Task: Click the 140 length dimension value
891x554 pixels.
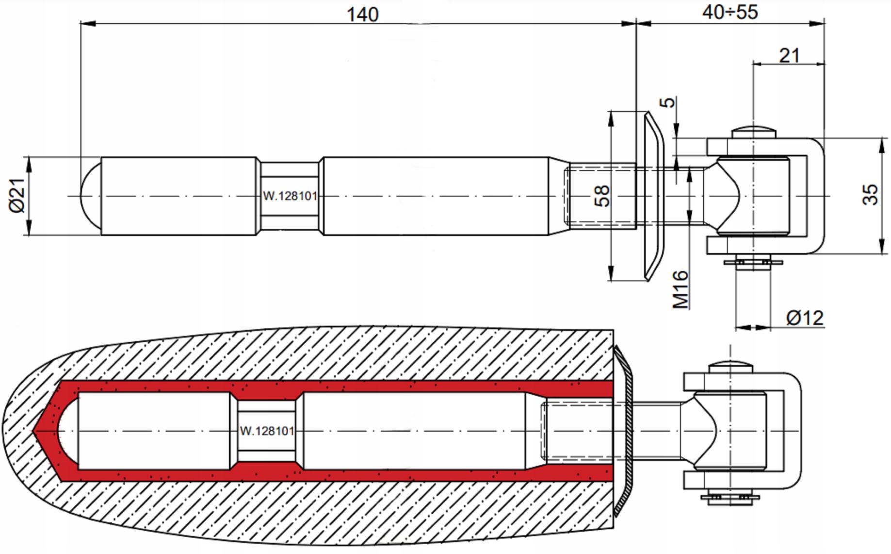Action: click(x=362, y=14)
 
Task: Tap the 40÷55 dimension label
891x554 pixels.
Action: click(x=729, y=12)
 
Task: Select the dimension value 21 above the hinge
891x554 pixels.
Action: click(x=789, y=55)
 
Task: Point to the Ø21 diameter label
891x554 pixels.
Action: click(x=17, y=195)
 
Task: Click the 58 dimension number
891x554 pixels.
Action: click(x=602, y=196)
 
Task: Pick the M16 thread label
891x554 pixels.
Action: click(x=680, y=289)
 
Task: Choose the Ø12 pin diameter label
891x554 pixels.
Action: click(x=805, y=318)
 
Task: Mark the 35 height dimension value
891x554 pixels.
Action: click(x=870, y=195)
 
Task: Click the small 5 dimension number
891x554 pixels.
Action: click(x=668, y=102)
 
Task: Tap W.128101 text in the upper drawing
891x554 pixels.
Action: click(x=290, y=196)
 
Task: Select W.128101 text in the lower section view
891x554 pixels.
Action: click(x=267, y=431)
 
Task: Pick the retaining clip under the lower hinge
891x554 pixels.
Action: click(x=730, y=497)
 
